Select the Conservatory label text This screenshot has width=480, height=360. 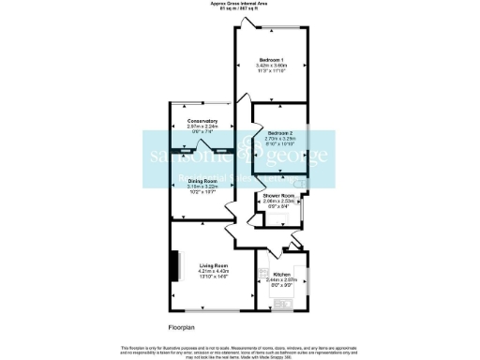(x=202, y=121)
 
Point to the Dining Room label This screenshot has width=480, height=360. (x=202, y=180)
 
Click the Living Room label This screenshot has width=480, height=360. (x=214, y=265)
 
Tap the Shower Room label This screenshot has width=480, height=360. (x=278, y=194)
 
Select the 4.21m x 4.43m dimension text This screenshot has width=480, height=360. (x=214, y=271)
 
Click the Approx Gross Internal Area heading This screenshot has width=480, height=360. (x=240, y=5)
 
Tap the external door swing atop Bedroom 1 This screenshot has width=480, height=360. (x=241, y=22)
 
